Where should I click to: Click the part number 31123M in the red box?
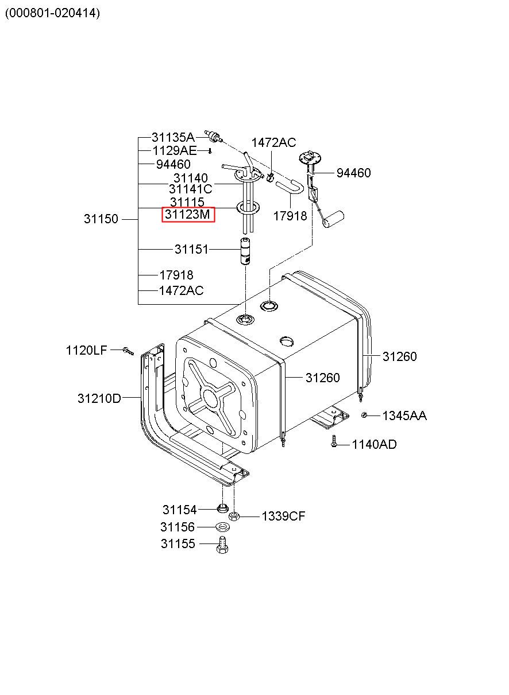187,215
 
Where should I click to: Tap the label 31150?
101,219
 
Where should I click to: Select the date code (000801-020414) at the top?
52,13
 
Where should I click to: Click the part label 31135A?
173,137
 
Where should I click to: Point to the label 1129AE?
175,151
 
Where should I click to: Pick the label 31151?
191,249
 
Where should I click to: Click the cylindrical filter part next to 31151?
245,251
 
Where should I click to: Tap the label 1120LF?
86,350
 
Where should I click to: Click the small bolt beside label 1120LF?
128,351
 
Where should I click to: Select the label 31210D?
99,398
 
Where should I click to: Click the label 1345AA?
404,416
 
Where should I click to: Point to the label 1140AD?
374,444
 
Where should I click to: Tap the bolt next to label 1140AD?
334,441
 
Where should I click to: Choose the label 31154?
179,510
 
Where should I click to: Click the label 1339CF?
284,517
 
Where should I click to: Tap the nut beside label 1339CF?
234,517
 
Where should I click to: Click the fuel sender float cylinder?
333,218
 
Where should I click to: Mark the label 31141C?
190,189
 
